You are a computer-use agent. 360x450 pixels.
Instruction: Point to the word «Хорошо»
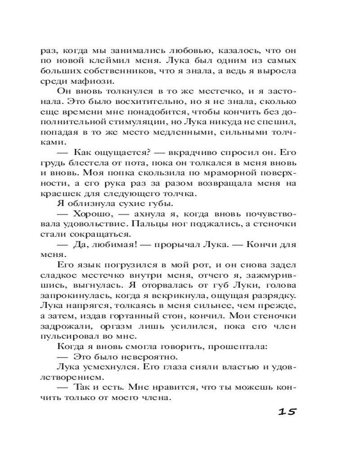90,215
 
